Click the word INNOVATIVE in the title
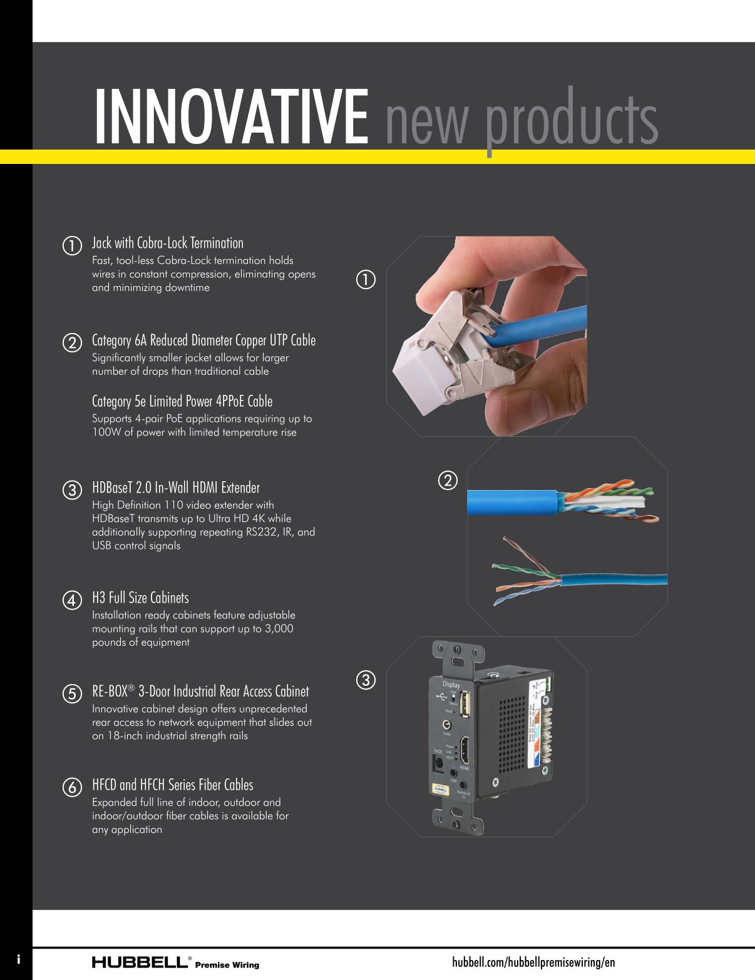click(231, 118)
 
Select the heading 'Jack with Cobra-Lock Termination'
click(167, 243)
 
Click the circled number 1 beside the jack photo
click(366, 279)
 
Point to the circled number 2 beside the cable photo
click(447, 480)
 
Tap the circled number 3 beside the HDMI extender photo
click(366, 680)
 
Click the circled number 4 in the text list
click(73, 600)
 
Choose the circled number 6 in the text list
click(73, 787)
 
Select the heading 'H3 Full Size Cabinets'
click(140, 598)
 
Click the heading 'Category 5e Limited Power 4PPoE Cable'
click(182, 401)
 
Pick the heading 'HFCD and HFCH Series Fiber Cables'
click(172, 785)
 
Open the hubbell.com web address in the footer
click(533, 962)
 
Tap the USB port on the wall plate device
click(465, 706)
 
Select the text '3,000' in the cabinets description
click(279, 628)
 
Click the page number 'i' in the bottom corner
click(19, 959)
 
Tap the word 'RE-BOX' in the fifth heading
click(110, 692)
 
